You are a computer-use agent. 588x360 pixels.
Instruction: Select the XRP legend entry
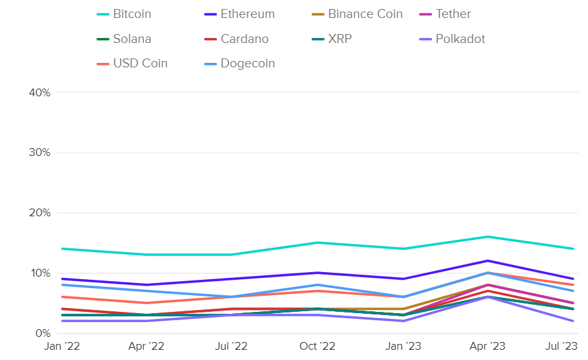point(340,39)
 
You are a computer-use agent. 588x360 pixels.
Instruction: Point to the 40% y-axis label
point(40,92)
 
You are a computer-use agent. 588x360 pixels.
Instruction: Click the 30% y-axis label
point(40,153)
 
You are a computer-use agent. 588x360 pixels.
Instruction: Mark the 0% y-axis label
point(43,333)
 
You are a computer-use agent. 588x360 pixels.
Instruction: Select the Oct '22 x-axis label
point(317,347)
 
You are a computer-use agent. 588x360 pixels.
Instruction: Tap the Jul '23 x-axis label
point(562,347)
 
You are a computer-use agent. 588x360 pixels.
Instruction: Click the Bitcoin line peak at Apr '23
point(488,237)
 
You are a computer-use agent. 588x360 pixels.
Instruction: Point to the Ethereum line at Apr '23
point(488,261)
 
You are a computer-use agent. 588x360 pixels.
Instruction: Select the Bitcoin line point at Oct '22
point(317,243)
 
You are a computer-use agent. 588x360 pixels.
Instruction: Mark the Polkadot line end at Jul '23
point(573,321)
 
